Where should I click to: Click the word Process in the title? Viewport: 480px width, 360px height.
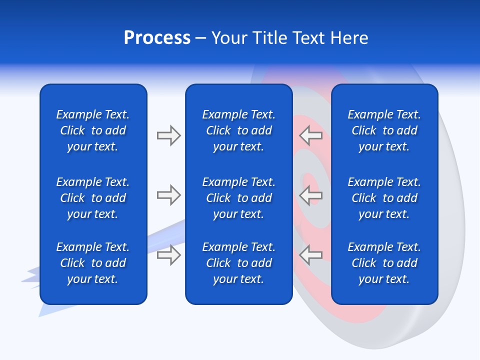click(157, 38)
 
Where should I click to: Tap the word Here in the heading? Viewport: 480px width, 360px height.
click(349, 38)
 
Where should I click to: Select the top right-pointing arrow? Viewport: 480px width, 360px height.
click(168, 135)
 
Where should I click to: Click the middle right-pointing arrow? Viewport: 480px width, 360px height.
click(168, 195)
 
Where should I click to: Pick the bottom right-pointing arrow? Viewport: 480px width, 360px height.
click(168, 255)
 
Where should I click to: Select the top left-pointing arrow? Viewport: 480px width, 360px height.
click(310, 135)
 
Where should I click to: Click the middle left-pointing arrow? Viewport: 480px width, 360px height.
click(310, 195)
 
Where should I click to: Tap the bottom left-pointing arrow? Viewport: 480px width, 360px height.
click(310, 255)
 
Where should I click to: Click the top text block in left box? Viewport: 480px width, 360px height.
click(93, 130)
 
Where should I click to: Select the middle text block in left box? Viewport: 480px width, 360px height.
click(93, 198)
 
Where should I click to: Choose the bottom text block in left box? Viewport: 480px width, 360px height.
click(93, 263)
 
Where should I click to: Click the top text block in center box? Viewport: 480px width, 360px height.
click(238, 130)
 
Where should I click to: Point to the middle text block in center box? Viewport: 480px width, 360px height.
click(238, 198)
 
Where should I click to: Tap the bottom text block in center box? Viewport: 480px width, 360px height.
click(238, 263)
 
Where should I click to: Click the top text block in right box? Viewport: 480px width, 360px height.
click(384, 130)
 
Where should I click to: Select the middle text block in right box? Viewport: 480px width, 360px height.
click(384, 198)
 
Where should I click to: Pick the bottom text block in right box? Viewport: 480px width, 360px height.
click(384, 263)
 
